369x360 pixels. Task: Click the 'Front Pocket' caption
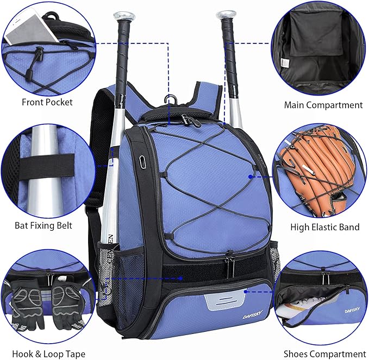[47, 102]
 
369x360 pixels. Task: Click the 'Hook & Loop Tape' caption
[48, 354]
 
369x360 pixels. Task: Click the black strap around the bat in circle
[49, 162]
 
